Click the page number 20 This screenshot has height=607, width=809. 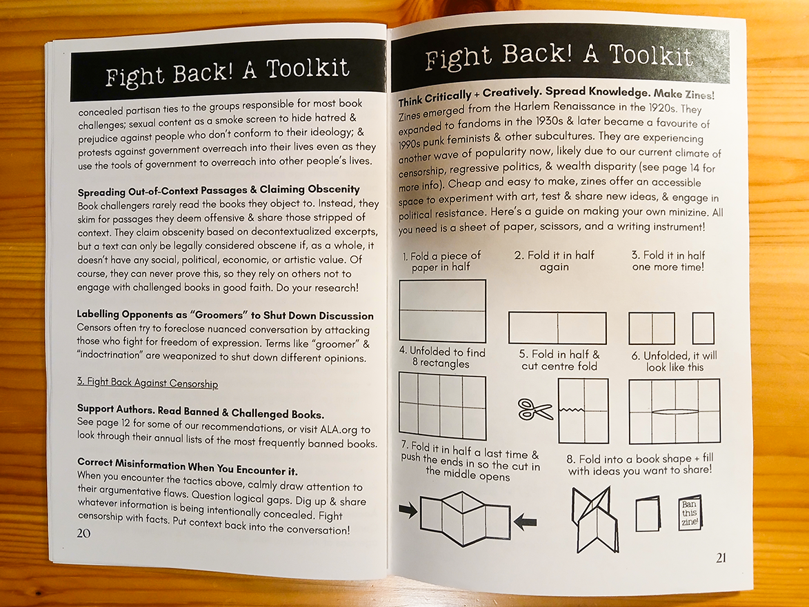click(83, 533)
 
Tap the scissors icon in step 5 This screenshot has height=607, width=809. click(535, 410)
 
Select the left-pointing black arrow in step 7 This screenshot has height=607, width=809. click(526, 522)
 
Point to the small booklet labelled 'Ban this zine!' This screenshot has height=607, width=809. click(689, 513)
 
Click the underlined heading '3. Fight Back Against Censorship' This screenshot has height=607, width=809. click(147, 384)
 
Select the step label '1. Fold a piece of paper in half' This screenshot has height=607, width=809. click(442, 261)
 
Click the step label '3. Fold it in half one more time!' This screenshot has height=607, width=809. click(668, 261)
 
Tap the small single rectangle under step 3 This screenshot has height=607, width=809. click(703, 328)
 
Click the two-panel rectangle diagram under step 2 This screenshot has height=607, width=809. click(557, 328)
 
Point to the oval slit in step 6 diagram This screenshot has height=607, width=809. click(675, 412)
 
